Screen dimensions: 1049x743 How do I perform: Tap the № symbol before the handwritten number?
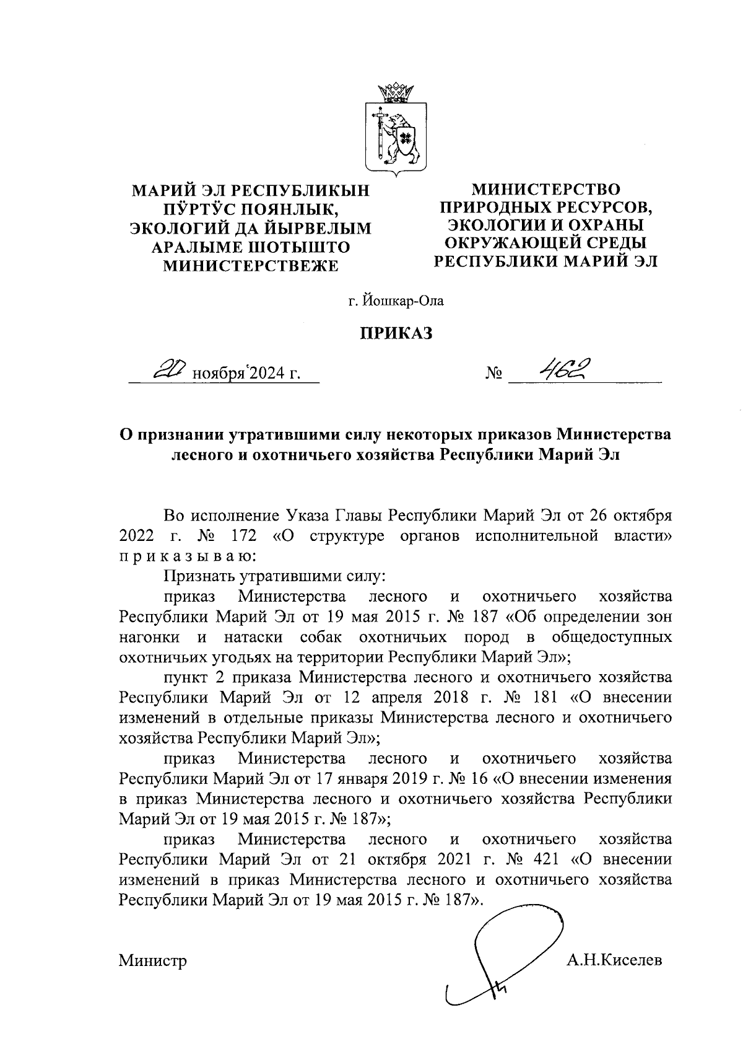point(493,374)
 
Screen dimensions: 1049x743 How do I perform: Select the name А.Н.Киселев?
point(614,961)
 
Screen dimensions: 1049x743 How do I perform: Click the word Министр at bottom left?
point(152,961)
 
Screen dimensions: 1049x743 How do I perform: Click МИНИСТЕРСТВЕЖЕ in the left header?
point(250,266)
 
